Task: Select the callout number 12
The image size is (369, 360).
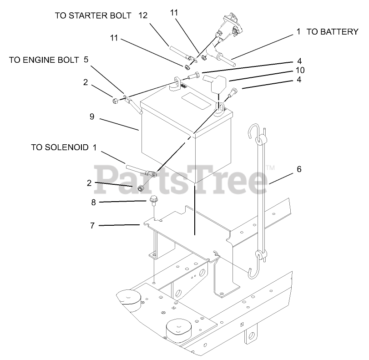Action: [x=143, y=15]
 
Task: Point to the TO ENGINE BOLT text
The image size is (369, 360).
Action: [x=44, y=60]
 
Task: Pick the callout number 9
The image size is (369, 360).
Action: [x=92, y=117]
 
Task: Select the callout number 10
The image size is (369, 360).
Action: [x=300, y=71]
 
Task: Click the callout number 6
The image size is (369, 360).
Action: [x=299, y=169]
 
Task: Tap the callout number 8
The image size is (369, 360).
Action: [x=93, y=203]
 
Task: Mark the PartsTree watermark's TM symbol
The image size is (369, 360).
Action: [x=270, y=167]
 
